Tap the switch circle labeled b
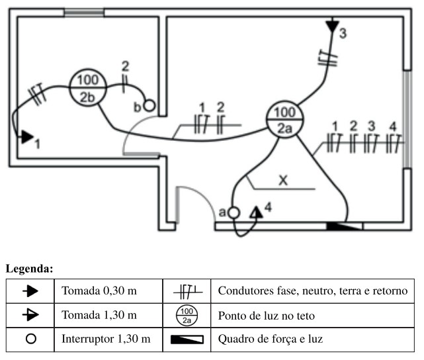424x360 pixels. (x=149, y=105)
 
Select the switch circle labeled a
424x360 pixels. (x=233, y=213)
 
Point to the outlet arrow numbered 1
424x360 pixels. (x=24, y=137)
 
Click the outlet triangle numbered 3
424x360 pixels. (x=331, y=27)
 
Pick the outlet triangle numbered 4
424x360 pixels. (x=255, y=212)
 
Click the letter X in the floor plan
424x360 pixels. (x=282, y=179)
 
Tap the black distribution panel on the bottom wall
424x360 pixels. (x=345, y=226)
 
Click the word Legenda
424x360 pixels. (x=29, y=269)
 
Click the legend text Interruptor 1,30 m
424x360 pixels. (x=105, y=339)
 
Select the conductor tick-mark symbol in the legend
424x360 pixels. (x=187, y=291)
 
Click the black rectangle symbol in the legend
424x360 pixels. (x=187, y=339)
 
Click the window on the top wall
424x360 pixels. (x=84, y=12)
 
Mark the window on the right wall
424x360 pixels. (x=406, y=118)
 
